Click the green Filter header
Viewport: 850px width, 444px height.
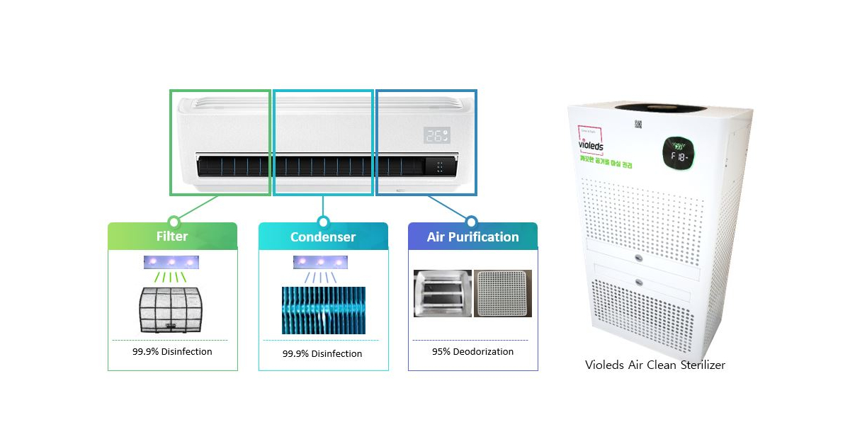[172, 237]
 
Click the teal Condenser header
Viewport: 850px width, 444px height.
[323, 237]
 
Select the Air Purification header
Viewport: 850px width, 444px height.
[472, 237]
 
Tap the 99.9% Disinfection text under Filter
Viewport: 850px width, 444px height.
[172, 351]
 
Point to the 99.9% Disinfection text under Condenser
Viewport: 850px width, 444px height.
[322, 353]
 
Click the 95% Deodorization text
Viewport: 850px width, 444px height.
[472, 351]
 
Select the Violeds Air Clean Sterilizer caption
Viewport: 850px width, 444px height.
[655, 365]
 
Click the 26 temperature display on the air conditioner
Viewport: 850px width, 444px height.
[437, 135]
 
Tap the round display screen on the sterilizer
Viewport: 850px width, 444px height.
[678, 154]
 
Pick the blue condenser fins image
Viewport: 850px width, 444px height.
[323, 310]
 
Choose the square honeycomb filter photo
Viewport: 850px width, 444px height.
[503, 293]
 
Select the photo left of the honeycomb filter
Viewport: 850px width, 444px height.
[442, 293]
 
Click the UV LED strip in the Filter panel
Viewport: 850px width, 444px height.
[171, 262]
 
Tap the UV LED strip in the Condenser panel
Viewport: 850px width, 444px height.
[321, 262]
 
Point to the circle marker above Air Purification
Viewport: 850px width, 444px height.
[472, 222]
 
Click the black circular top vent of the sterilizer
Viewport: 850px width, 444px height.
[660, 107]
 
